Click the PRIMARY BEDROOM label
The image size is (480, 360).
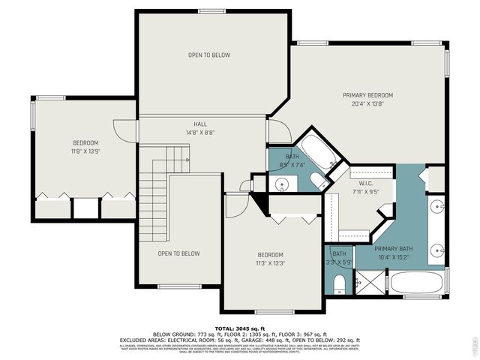pos(367,95)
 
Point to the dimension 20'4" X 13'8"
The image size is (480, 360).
pos(367,104)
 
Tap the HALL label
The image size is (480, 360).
pos(200,124)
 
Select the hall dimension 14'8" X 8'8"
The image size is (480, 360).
pos(200,133)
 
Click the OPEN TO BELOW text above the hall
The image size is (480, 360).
pos(208,55)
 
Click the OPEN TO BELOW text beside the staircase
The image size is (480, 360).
pos(178,253)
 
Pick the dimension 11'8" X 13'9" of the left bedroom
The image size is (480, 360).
pos(85,151)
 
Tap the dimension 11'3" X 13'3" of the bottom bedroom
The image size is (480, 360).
pos(271,263)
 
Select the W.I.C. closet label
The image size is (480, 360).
pos(366,182)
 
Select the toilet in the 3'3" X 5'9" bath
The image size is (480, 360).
pos(339,283)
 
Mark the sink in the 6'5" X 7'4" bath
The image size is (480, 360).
pos(282,184)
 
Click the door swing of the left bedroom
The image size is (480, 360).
pos(119,133)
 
